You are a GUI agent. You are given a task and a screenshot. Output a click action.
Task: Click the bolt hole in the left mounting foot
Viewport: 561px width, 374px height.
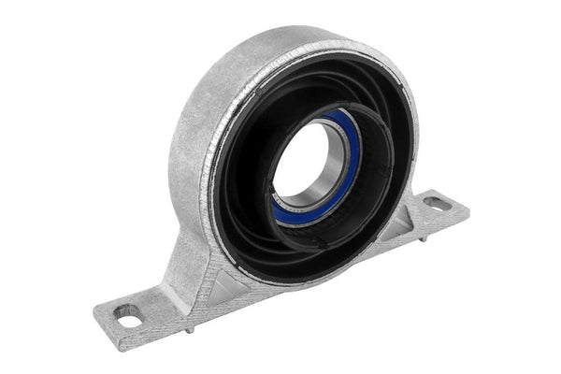tap(130, 315)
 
